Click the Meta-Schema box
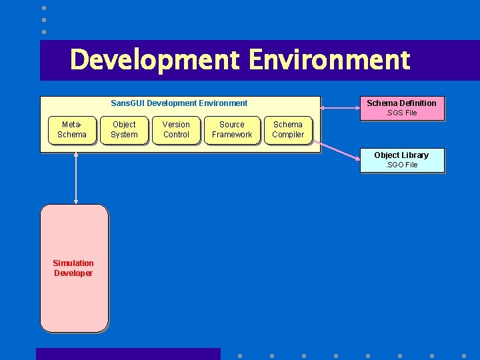[72, 129]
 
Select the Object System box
[124, 129]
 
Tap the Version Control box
[176, 129]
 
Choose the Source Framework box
[232, 129]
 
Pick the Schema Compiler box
[288, 129]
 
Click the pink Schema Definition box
[402, 108]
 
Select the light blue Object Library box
[402, 160]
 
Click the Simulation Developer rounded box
[74, 268]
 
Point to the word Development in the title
[154, 59]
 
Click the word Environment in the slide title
[329, 59]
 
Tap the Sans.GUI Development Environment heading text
[179, 103]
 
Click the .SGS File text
[402, 113]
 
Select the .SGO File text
[402, 165]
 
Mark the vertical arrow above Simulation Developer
[76, 178]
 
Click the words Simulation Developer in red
[73, 268]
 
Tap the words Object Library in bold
[401, 155]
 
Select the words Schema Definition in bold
[401, 103]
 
